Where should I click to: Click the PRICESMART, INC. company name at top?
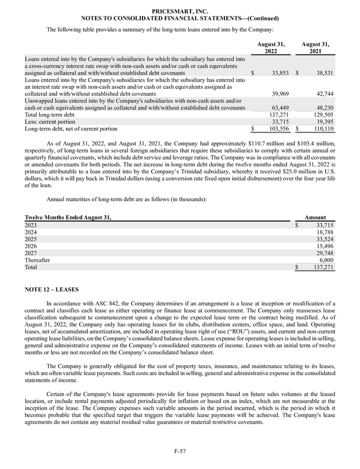[x=179, y=11]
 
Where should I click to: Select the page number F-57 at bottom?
[x=179, y=451]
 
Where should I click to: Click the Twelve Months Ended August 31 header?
[x=68, y=217]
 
